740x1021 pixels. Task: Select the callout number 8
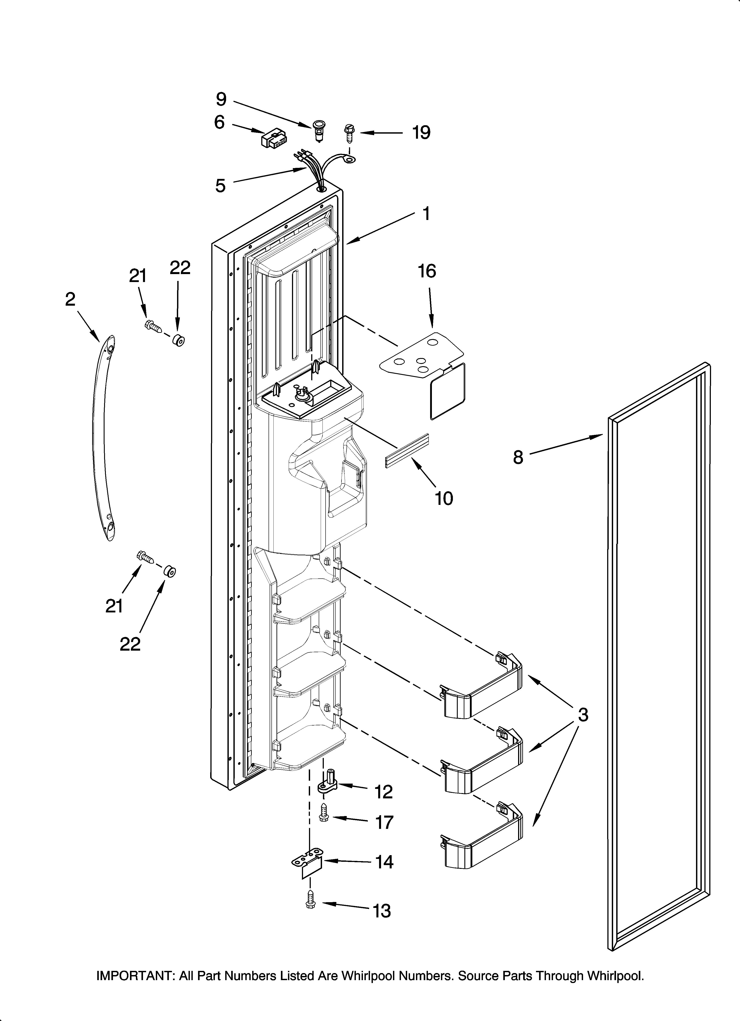(x=518, y=457)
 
